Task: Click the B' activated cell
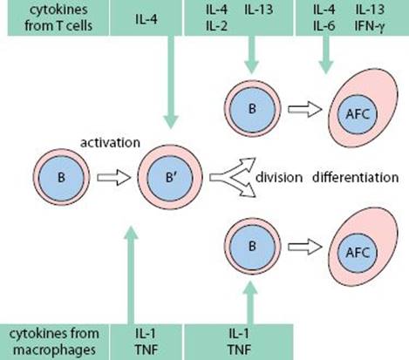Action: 170,177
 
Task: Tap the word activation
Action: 110,143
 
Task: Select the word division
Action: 279,177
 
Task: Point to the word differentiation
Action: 355,177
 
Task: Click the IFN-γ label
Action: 370,26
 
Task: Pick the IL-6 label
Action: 324,26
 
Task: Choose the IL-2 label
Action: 216,26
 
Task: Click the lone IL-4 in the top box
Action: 147,19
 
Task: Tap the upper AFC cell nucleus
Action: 358,114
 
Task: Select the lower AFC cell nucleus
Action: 358,253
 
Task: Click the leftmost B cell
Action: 61,177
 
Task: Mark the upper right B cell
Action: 252,109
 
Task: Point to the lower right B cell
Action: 252,247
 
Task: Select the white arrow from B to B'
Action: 113,177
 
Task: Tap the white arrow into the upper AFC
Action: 305,109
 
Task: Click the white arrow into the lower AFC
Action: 305,247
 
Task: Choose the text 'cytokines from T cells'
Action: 58,17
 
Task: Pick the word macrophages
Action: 54,350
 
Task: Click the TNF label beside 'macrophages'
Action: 147,350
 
